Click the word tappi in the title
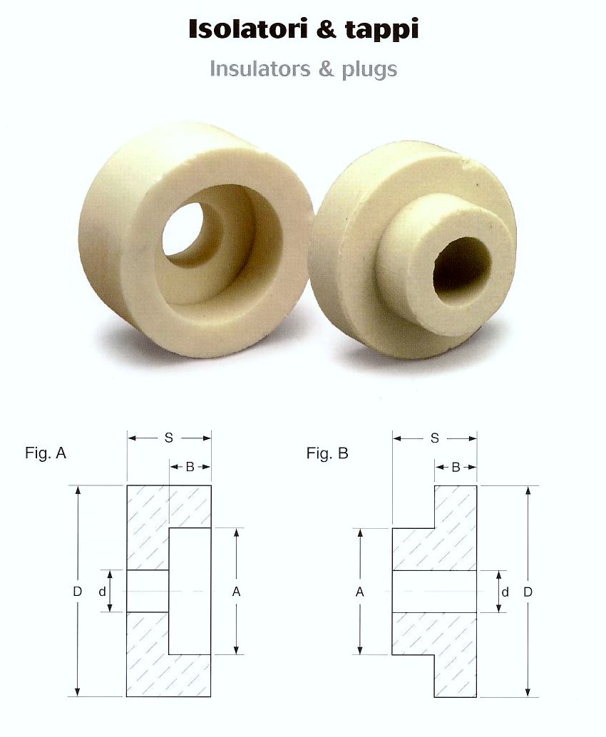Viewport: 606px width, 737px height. tap(381, 31)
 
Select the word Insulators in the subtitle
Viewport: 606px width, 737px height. tap(260, 68)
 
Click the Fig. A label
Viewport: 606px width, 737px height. tap(46, 453)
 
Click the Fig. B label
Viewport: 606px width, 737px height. tap(327, 453)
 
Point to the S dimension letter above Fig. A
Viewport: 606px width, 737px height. tap(169, 438)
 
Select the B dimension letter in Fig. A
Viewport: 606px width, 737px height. tap(190, 467)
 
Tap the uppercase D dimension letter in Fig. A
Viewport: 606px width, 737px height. tap(78, 592)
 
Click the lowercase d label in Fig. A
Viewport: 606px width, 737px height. tap(102, 592)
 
